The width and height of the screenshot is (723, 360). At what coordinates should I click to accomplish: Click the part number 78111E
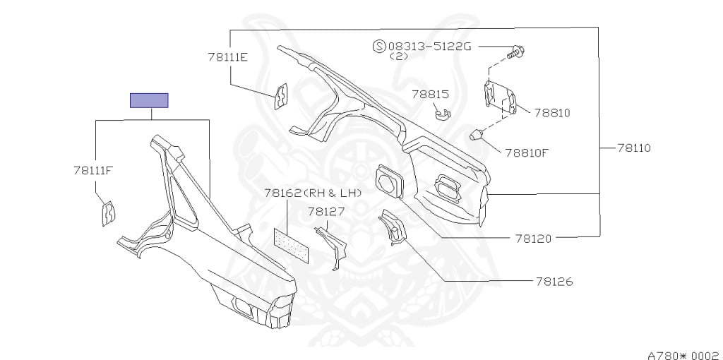[227, 57]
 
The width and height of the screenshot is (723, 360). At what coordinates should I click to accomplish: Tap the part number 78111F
[93, 169]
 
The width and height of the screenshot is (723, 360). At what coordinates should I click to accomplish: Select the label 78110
[633, 148]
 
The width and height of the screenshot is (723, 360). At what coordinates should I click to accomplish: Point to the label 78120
[533, 239]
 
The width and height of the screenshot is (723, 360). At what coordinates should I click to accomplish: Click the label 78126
[554, 282]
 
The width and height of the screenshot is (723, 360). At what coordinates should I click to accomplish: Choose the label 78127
[325, 210]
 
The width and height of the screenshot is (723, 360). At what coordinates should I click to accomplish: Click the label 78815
[431, 93]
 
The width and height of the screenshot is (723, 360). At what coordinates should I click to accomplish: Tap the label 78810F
[525, 152]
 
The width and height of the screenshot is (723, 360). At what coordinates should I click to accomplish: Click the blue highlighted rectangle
[148, 100]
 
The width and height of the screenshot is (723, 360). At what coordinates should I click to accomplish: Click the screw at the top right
[517, 50]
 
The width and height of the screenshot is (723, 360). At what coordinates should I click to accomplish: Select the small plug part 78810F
[477, 133]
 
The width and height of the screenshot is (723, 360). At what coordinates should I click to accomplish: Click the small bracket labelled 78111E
[281, 97]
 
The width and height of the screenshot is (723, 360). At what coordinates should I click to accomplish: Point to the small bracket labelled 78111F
[109, 212]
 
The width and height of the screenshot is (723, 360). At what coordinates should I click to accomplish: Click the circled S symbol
[379, 47]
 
